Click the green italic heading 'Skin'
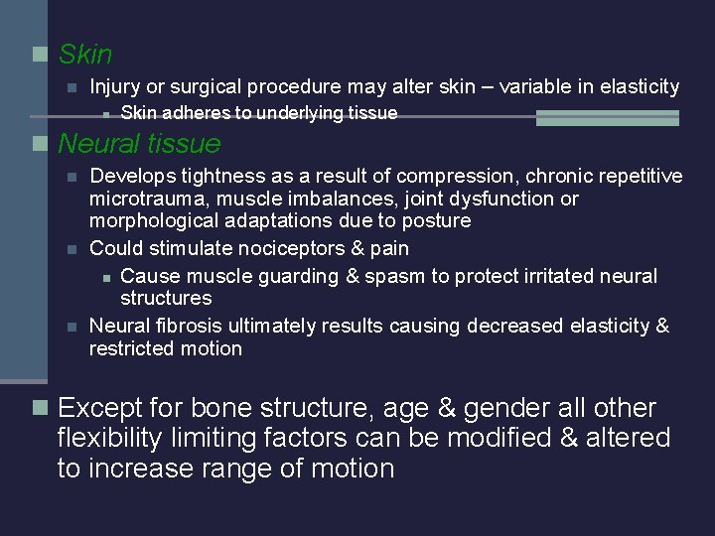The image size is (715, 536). pyautogui.click(x=85, y=55)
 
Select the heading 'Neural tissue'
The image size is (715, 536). pyautogui.click(x=139, y=144)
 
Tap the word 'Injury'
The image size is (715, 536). pyautogui.click(x=114, y=87)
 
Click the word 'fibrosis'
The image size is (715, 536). pyautogui.click(x=189, y=326)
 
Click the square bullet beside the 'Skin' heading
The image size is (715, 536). pyautogui.click(x=40, y=55)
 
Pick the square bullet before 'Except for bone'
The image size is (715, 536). pyautogui.click(x=40, y=408)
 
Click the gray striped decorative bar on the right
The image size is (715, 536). pyautogui.click(x=608, y=118)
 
